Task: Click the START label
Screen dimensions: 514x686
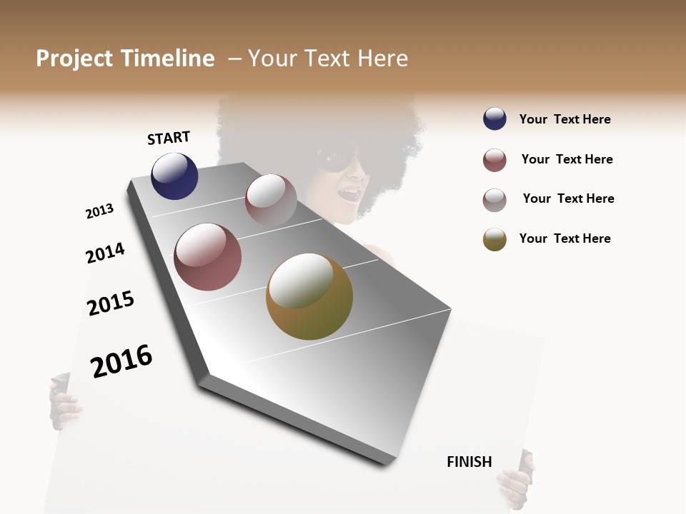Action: tap(169, 138)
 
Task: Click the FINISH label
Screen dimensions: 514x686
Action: tap(469, 462)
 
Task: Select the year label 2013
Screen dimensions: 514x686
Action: tap(99, 211)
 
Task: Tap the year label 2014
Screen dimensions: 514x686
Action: tap(105, 253)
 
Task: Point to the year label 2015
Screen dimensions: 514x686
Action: tap(111, 303)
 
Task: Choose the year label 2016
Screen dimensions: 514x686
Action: tap(121, 361)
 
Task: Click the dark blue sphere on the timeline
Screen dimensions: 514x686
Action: tap(174, 176)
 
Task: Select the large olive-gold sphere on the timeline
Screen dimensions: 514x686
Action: tap(309, 296)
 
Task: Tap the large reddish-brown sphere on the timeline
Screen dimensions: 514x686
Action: tap(207, 257)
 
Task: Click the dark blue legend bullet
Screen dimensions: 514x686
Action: tap(494, 119)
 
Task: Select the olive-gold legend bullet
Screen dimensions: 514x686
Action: tap(494, 239)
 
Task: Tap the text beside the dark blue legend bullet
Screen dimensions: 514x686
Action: tap(565, 120)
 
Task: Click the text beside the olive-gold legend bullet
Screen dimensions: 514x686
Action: tap(565, 238)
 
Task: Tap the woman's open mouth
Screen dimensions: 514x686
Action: tap(349, 193)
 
